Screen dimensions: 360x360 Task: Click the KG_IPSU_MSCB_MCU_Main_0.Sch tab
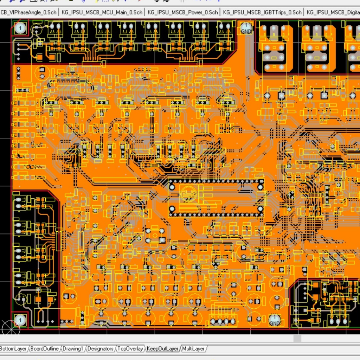pos(102,12)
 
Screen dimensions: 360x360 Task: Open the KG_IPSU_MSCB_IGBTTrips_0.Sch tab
pos(262,12)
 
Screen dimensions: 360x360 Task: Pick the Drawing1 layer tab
pos(73,348)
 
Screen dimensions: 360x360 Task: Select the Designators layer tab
pos(100,348)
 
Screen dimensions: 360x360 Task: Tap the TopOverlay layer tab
pos(130,348)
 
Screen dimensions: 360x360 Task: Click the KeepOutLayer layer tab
pos(162,348)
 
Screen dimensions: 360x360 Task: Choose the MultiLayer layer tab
pos(193,348)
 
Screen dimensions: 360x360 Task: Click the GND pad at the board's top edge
pos(246,28)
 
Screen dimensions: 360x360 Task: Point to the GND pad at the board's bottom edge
pos(275,320)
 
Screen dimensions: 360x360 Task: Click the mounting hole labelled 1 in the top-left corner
pos(20,28)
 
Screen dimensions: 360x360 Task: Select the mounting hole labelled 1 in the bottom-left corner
pos(20,320)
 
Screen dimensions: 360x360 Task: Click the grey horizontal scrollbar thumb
pos(297,338)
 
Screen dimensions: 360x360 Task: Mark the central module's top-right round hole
pos(261,182)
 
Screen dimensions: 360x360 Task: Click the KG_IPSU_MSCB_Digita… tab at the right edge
pos(333,12)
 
